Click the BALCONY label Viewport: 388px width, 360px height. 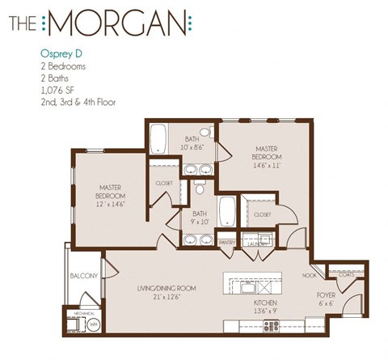pos(84,275)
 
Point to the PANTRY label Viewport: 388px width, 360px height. pos(228,241)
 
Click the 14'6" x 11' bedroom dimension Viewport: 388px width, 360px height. pos(268,164)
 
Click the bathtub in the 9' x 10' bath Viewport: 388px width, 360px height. pos(227,210)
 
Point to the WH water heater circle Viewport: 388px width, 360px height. pos(93,324)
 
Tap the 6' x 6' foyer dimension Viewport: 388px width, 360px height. pos(327,304)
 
